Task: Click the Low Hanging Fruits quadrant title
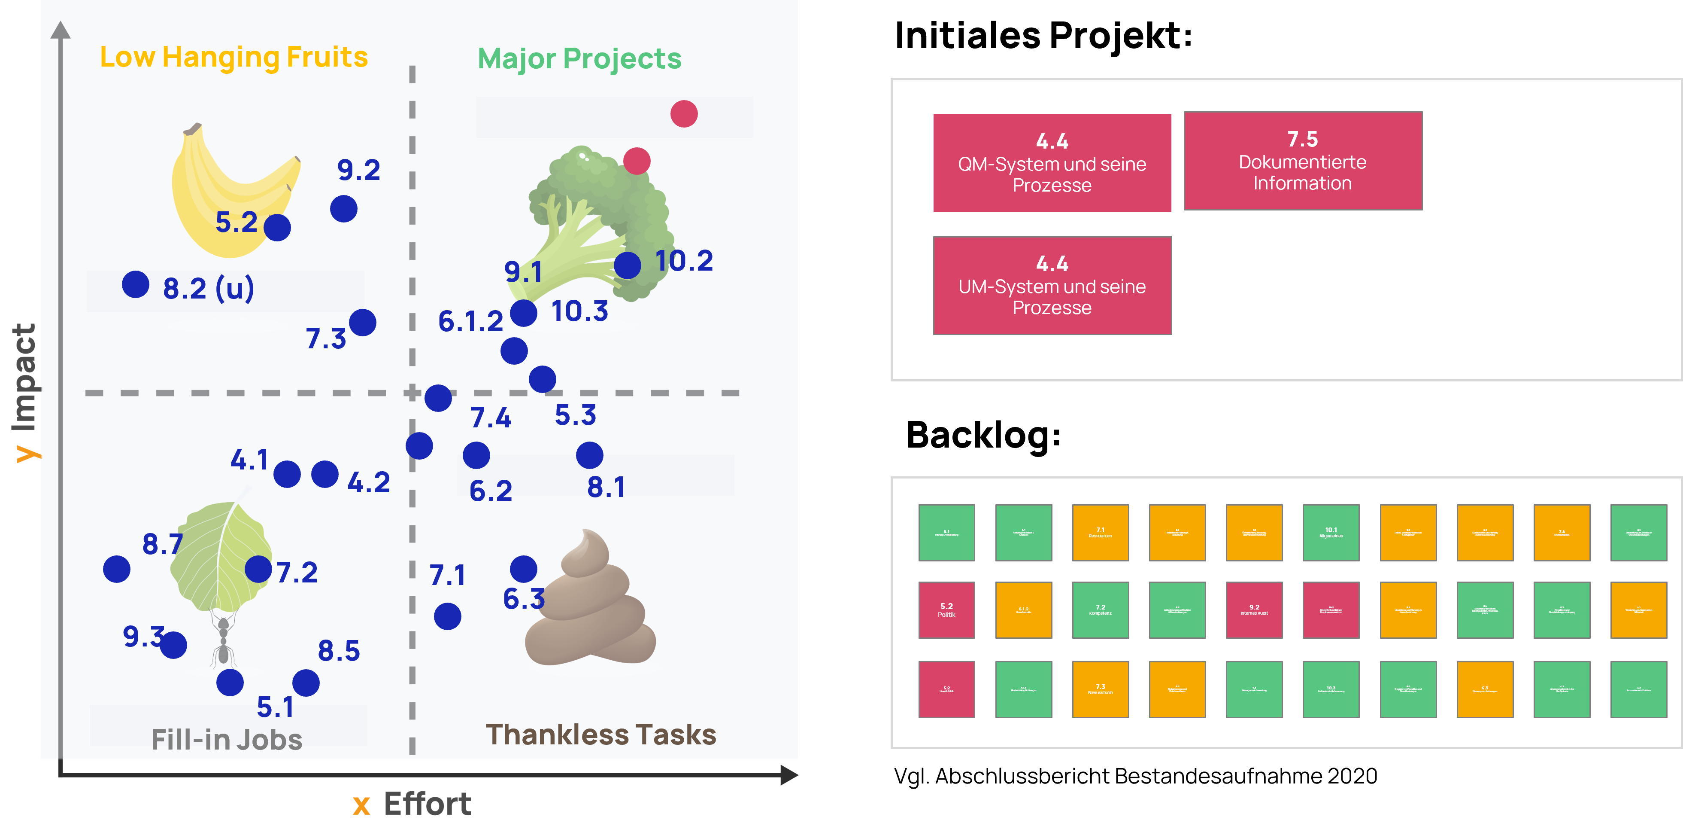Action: (x=234, y=58)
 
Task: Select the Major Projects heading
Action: (x=579, y=59)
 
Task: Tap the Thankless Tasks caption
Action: (x=600, y=735)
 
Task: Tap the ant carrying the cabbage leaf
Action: (x=223, y=640)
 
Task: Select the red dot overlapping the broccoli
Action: (x=637, y=161)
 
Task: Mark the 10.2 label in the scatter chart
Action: (x=684, y=261)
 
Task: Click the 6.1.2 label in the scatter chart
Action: (x=470, y=322)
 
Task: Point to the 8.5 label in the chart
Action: (x=338, y=651)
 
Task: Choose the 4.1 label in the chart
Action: (x=249, y=460)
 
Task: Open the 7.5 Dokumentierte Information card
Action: (x=1303, y=161)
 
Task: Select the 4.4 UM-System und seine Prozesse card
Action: (x=1052, y=286)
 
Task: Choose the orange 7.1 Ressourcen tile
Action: (x=1100, y=533)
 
